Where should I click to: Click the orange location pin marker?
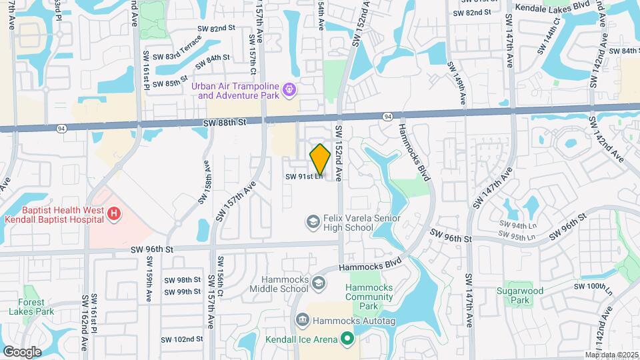tap(321, 159)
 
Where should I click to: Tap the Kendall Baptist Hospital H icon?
tap(114, 214)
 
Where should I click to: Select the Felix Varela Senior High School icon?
tap(312, 221)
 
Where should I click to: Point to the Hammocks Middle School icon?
tap(319, 284)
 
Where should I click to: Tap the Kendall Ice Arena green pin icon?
tap(347, 340)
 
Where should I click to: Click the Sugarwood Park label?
tap(520, 296)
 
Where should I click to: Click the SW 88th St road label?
tap(225, 123)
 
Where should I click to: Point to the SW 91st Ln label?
tap(304, 177)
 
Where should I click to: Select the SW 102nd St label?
tap(183, 339)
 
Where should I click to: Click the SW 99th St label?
tap(182, 292)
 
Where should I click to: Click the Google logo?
tap(22, 351)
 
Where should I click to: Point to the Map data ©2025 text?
tap(611, 355)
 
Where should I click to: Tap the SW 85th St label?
tap(170, 83)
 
